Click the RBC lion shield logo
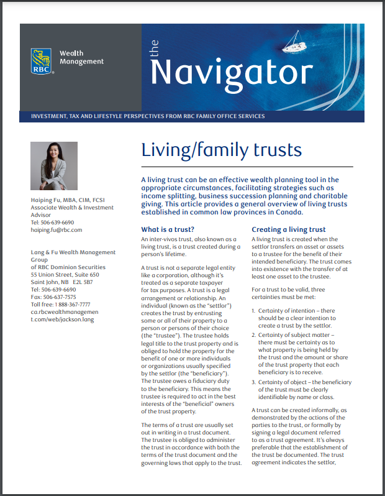pos(42,61)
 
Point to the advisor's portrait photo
pos(54,166)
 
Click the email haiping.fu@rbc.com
pos(57,230)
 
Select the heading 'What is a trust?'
pos(168,229)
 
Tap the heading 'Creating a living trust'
pos(288,229)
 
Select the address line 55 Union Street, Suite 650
pos(65,275)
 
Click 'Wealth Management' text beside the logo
pos(81,57)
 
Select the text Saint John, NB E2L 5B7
pos(61,282)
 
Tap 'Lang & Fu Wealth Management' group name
pos(73,252)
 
